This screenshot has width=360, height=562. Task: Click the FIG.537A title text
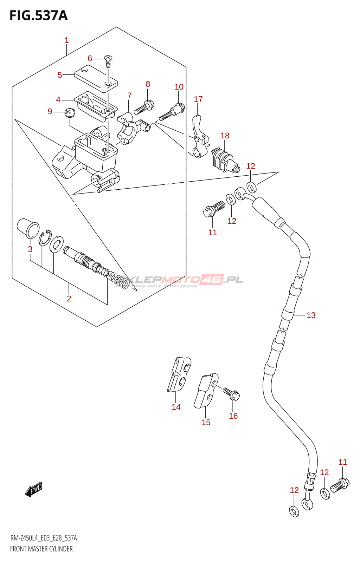click(38, 16)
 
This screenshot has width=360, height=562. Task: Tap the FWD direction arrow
click(34, 489)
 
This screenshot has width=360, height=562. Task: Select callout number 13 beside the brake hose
click(311, 315)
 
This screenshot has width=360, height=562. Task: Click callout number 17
click(198, 99)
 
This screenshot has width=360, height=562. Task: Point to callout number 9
click(50, 112)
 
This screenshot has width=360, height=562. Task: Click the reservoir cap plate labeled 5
click(96, 79)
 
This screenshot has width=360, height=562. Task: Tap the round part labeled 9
click(70, 113)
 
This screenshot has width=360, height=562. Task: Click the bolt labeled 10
click(172, 112)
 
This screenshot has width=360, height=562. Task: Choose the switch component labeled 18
click(224, 160)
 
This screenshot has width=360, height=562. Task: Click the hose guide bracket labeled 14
click(180, 375)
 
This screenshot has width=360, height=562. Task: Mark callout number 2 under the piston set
click(69, 299)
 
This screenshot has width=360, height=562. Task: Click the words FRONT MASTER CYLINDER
click(41, 549)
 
